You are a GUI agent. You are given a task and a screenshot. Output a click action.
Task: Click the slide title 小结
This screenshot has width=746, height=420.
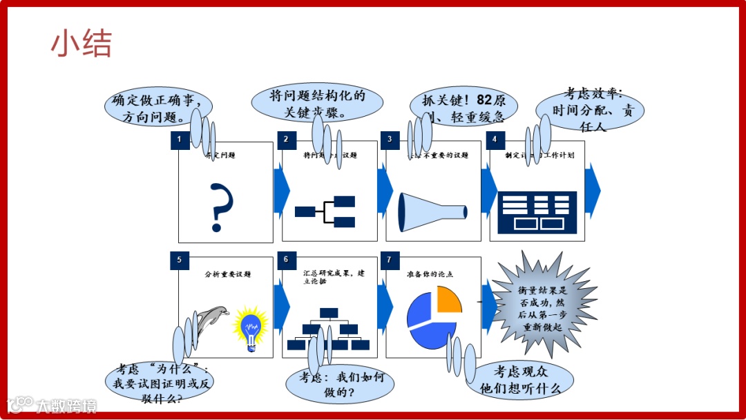pos(81,44)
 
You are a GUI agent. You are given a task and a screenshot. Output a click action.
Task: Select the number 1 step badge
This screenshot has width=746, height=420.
pos(180,140)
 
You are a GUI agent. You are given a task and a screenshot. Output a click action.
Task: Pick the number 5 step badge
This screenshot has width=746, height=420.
pos(180,260)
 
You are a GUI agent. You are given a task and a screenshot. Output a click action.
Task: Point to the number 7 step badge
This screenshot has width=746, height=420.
pos(390,260)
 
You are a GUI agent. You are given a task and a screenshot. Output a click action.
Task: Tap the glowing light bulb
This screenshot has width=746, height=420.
pos(251,327)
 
